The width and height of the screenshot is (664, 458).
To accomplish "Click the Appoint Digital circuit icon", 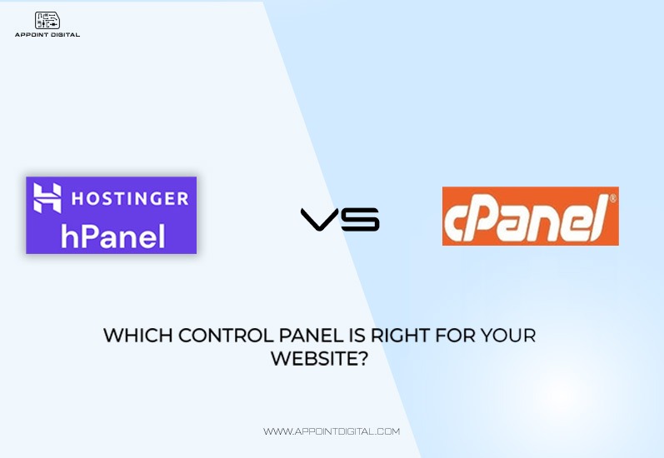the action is [47, 20].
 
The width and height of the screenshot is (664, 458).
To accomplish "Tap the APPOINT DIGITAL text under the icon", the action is [47, 35].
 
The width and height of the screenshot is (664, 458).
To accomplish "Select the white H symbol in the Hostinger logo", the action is [47, 197].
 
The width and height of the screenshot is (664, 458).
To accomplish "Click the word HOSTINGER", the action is [130, 198].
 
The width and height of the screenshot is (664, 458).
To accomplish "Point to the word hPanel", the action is [112, 236].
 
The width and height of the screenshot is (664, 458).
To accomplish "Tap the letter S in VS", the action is [360, 219].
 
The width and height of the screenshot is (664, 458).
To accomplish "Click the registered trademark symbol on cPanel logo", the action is [612, 198].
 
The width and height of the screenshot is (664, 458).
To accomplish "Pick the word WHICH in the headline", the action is [138, 336].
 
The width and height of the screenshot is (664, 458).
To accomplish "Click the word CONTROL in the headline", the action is [226, 336].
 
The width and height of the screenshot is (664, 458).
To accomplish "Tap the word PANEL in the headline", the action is [311, 336].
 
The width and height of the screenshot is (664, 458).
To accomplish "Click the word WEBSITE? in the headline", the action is [319, 359].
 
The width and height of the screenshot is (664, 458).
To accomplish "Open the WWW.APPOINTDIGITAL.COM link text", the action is [332, 431].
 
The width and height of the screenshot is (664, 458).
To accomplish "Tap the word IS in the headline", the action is [357, 336].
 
